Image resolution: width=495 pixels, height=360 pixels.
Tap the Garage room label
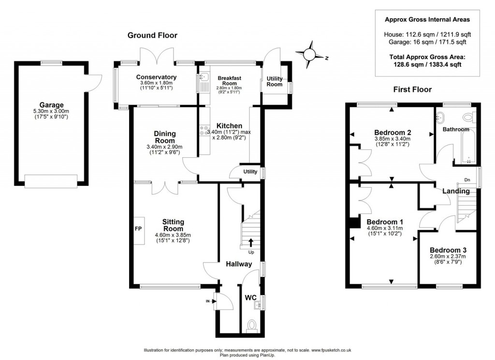click(52, 105)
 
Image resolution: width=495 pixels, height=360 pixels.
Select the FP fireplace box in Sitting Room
click(138, 229)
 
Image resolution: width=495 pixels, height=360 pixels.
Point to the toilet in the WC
click(250, 326)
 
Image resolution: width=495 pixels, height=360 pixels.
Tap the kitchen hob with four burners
click(204, 131)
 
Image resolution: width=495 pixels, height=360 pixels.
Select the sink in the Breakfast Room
click(202, 77)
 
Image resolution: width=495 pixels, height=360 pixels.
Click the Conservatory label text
click(156, 77)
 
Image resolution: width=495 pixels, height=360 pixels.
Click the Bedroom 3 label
click(448, 250)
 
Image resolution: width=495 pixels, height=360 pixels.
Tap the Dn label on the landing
click(467, 180)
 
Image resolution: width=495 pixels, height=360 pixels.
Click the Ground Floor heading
click(152, 35)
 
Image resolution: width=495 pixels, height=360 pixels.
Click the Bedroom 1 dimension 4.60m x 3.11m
click(382, 228)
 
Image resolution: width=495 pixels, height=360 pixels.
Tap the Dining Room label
click(165, 137)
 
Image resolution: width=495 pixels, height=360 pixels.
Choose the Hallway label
click(239, 264)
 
